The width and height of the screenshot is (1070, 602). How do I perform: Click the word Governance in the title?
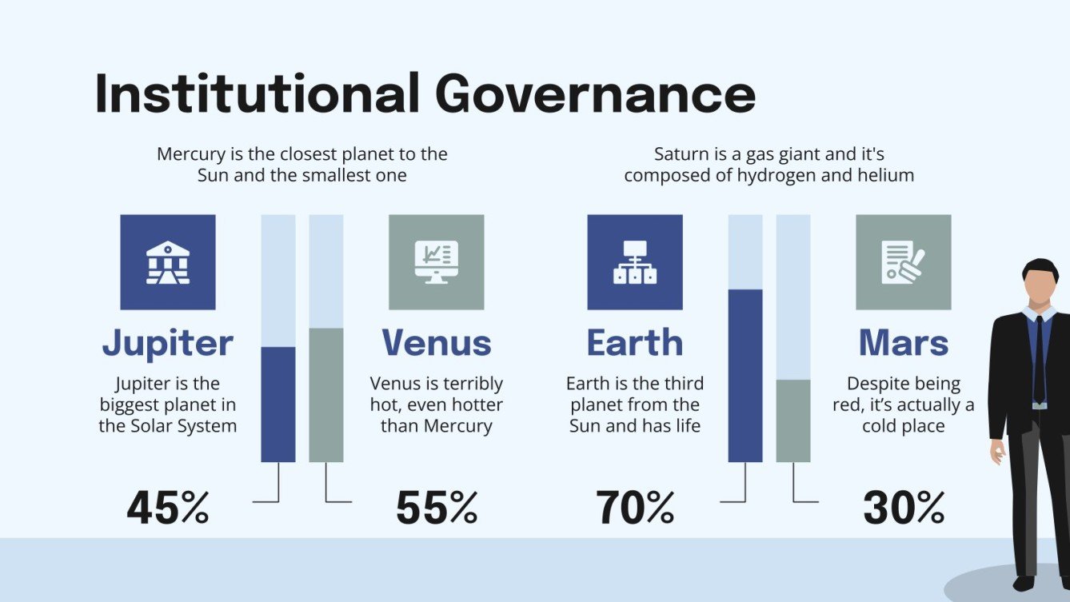coord(596,94)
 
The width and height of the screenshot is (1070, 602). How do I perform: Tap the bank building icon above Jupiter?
coord(168,262)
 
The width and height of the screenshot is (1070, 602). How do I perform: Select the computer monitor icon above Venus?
coord(437,262)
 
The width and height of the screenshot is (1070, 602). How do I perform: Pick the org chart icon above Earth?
coord(635,262)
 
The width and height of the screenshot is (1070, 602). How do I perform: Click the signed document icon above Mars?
coord(904,262)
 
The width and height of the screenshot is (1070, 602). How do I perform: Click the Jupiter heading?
coord(168,343)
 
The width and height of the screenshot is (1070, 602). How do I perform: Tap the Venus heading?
coord(437,343)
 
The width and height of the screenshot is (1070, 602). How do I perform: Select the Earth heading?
coord(635,343)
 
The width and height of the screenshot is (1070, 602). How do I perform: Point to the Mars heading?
coord(904,343)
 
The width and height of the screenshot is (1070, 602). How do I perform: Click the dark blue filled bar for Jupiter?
coord(278,405)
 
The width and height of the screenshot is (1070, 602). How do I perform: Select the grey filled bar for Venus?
coord(326,395)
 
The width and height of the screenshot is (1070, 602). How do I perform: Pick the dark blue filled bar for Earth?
coord(745,376)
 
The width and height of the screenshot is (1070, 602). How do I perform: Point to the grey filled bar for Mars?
coord(793,421)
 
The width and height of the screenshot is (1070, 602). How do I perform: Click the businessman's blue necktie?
coord(1038,360)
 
